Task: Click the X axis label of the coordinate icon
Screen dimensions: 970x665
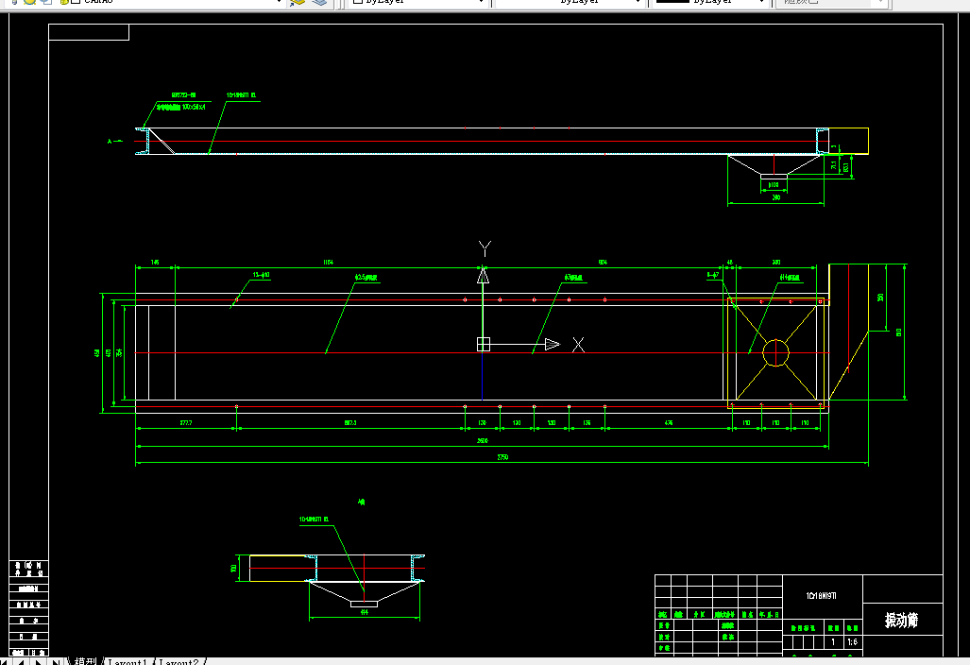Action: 579,345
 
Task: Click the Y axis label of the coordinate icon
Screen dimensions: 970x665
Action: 485,248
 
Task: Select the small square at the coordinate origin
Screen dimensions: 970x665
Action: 483,345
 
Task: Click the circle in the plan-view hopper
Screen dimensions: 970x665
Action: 775,352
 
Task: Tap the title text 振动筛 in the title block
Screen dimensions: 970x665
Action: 901,620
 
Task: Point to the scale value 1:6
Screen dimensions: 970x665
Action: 853,642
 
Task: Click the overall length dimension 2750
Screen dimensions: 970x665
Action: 502,457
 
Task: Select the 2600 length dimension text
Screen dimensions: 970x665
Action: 482,441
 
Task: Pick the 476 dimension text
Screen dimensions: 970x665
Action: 669,422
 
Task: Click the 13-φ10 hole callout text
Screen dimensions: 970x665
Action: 262,275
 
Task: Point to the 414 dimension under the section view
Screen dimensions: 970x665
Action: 365,611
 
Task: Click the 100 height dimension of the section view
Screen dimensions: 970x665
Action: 233,569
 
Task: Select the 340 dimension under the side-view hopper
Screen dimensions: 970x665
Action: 776,197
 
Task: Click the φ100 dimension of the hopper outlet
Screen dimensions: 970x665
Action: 774,185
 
